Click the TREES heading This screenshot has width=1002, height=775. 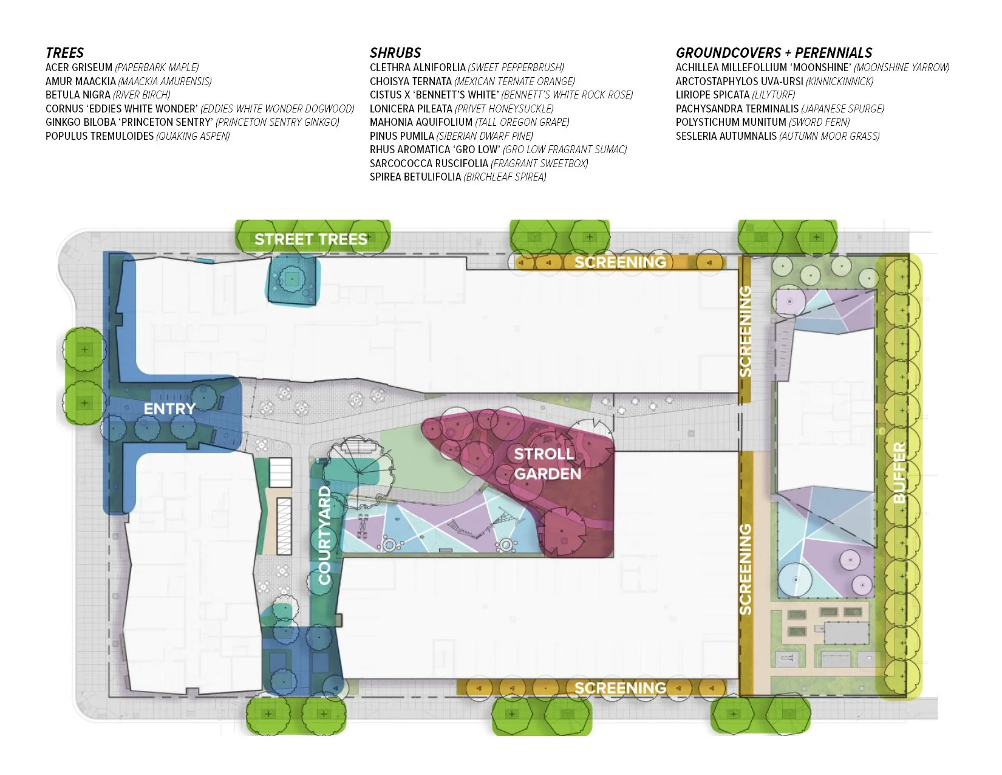click(x=64, y=53)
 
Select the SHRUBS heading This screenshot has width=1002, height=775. click(x=395, y=53)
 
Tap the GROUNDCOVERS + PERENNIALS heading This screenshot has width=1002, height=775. click(x=774, y=53)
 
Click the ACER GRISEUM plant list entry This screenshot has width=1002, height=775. click(x=122, y=67)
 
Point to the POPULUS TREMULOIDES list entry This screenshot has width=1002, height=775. click(x=137, y=136)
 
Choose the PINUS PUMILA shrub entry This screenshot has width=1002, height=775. click(x=451, y=136)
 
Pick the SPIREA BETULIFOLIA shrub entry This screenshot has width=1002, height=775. click(x=458, y=177)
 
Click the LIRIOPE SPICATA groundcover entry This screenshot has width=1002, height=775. click(x=735, y=95)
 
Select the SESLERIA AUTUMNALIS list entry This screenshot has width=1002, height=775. click(x=777, y=136)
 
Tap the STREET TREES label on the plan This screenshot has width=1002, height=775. click(x=311, y=239)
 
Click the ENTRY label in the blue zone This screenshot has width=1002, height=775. click(x=169, y=408)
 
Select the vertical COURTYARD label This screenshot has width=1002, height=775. click(x=325, y=535)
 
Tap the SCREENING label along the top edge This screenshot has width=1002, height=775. click(x=620, y=262)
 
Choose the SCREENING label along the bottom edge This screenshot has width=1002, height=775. click(x=620, y=687)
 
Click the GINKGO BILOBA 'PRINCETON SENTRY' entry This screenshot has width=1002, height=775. click(x=193, y=122)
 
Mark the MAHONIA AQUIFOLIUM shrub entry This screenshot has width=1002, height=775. click(x=469, y=122)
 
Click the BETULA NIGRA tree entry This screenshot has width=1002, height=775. click(x=108, y=95)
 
